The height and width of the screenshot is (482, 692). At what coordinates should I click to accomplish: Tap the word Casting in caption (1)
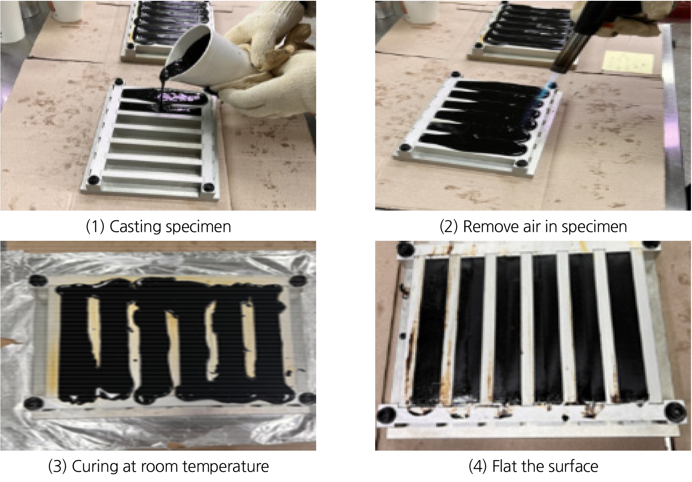[x=135, y=227]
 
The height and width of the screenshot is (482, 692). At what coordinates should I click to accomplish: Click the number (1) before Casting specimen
[x=95, y=227]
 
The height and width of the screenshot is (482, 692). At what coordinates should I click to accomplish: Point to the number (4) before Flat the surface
[x=478, y=467]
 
